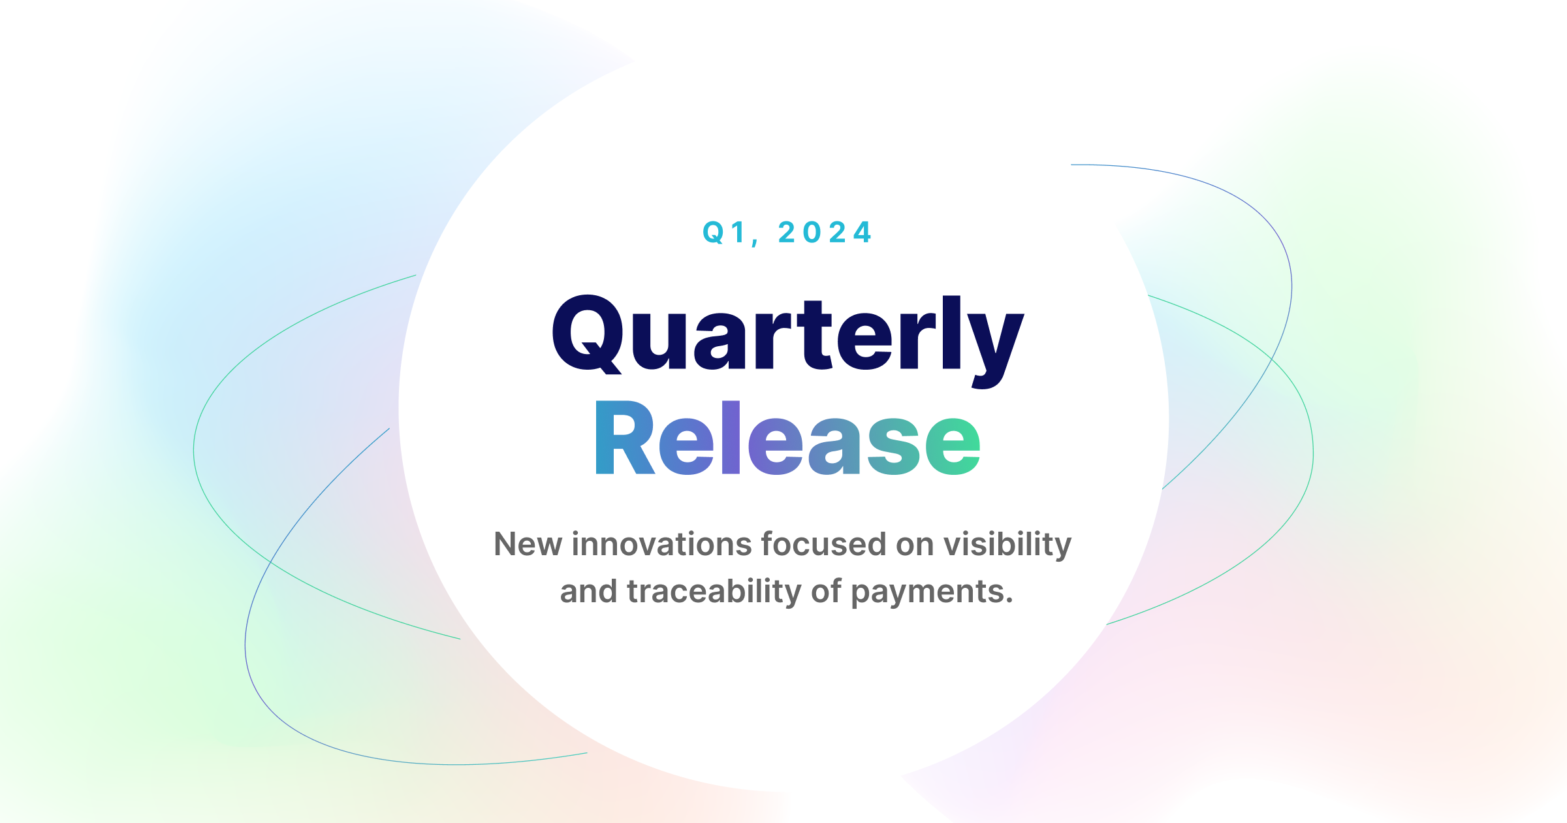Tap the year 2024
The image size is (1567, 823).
coord(825,233)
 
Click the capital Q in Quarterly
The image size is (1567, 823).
coord(586,334)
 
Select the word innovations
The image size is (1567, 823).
coord(661,544)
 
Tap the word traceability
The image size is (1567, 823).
coord(714,592)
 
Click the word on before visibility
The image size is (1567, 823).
coord(915,545)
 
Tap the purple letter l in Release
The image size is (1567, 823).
coord(731,437)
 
